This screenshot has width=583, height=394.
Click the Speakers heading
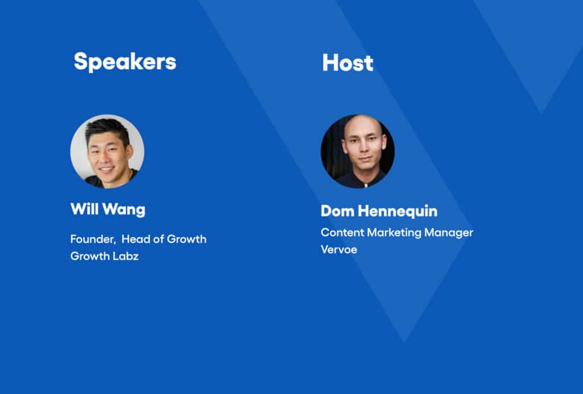[125, 62]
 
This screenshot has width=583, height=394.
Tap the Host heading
[348, 63]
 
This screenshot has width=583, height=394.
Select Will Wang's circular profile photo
[108, 151]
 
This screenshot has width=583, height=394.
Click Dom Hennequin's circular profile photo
[358, 151]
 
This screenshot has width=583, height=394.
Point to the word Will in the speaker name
[84, 209]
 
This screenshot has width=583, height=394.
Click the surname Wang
[124, 210]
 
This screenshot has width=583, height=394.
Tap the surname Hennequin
[397, 212]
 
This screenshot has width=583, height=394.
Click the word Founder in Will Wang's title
[93, 239]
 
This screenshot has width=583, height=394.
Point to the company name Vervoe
[339, 250]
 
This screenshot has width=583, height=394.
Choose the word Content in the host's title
[342, 233]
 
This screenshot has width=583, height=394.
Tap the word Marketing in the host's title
[394, 233]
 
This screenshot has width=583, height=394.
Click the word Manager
[449, 233]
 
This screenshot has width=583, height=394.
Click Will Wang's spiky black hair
[107, 129]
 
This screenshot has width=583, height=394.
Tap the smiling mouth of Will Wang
[106, 169]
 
